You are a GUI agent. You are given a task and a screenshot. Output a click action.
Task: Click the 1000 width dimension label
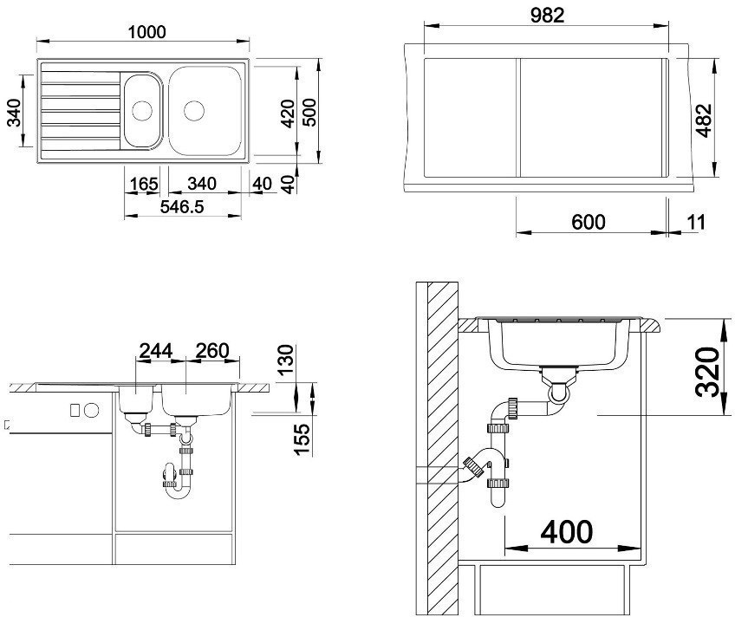146,32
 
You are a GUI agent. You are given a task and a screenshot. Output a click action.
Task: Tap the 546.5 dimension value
182,206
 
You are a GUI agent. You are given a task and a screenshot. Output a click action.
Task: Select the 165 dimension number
144,184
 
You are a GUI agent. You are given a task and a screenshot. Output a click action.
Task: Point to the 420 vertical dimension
287,114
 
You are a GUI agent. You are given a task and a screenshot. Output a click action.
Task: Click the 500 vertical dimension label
309,112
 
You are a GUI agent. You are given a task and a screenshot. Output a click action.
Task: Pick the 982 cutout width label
547,16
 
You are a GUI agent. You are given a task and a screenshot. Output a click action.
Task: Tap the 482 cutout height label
703,120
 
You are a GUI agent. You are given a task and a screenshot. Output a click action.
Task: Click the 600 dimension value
589,222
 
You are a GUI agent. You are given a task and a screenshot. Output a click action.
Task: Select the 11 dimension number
696,222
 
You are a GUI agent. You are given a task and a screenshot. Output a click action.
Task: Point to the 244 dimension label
156,350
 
